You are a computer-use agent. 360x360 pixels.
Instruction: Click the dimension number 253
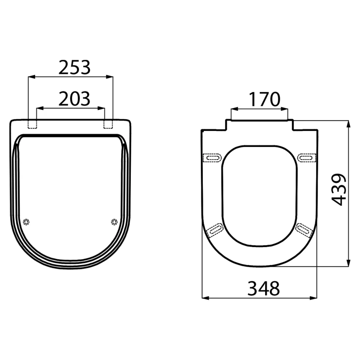[x=74, y=68]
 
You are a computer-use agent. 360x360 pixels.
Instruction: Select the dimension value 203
[x=74, y=99]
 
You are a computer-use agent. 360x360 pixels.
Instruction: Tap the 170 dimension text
[x=265, y=99]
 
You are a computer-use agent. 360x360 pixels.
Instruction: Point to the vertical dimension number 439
[x=339, y=190]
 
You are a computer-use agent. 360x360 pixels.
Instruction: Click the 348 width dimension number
[x=264, y=288]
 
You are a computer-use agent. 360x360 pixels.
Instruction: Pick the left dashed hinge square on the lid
[x=32, y=124]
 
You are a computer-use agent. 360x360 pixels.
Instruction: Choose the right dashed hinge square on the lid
[x=108, y=124]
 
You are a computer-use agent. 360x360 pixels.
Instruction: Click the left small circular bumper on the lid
[x=27, y=222]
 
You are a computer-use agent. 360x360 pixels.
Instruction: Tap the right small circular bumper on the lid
[x=114, y=222]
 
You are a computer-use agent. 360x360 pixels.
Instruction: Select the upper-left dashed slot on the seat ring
[x=213, y=158]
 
